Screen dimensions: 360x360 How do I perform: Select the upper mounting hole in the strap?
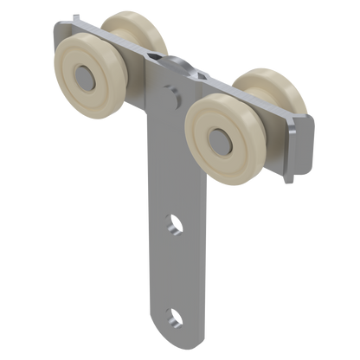(x=175, y=227)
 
